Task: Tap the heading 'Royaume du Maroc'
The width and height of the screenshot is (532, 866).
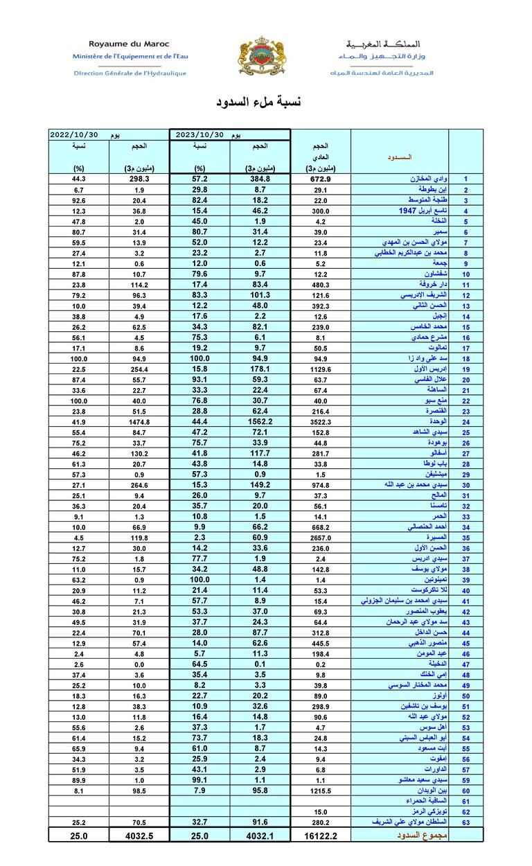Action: point(129,44)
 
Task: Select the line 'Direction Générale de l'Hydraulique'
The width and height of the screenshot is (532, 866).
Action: point(130,73)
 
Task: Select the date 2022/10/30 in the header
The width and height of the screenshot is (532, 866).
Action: point(75,135)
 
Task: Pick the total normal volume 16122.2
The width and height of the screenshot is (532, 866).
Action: point(320,836)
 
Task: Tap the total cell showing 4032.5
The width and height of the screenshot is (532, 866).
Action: point(139,836)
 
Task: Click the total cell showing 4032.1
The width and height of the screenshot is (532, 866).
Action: point(260,836)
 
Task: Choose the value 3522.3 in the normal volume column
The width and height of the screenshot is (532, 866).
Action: point(320,422)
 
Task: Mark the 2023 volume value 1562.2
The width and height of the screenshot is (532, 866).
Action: point(260,422)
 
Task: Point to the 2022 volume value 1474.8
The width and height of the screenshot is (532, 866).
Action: point(139,422)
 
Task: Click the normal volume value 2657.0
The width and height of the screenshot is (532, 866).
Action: point(320,538)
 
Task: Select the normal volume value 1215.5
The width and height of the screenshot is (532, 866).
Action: point(320,790)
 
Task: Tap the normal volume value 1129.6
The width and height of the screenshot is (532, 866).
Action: point(320,370)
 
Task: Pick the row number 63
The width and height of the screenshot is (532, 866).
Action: point(466,822)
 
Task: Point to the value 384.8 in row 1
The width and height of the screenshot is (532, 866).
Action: point(260,179)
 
